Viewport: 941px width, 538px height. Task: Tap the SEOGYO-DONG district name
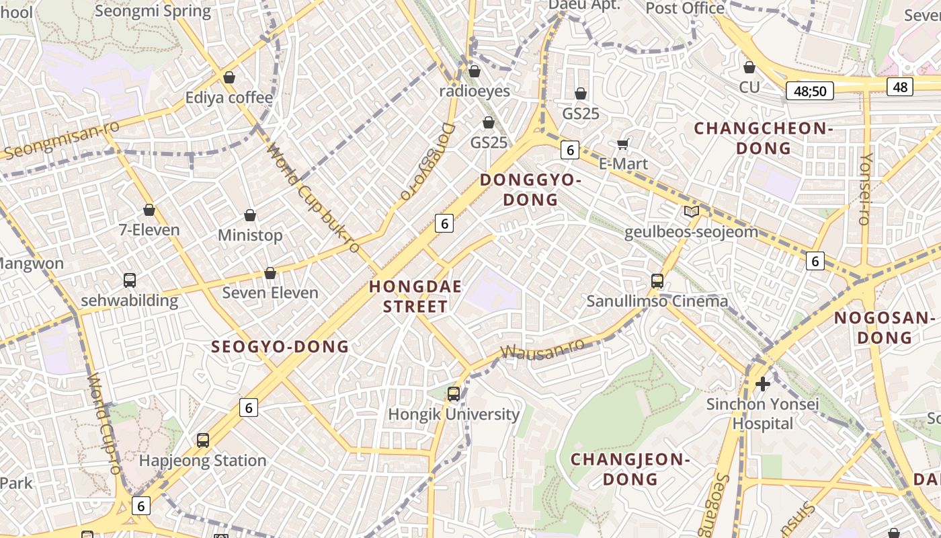tap(280, 347)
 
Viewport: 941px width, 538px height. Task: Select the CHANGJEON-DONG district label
tap(630, 469)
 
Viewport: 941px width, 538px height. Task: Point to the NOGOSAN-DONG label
tap(885, 328)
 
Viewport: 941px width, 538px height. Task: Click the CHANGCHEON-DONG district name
tap(763, 138)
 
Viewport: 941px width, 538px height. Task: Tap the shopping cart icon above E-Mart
tap(623, 144)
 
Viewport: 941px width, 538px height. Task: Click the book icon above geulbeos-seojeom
tap(691, 212)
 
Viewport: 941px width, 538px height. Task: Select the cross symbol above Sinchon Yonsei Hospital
tap(763, 384)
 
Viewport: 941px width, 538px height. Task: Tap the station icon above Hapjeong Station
tap(203, 440)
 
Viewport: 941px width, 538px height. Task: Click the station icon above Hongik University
tap(454, 394)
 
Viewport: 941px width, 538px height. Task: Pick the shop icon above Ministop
tap(250, 215)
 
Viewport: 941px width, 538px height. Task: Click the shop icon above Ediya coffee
tap(229, 77)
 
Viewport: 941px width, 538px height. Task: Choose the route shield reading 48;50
tap(810, 90)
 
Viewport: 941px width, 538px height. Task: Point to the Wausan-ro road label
tap(543, 350)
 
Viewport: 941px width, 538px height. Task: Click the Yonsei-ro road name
tap(866, 188)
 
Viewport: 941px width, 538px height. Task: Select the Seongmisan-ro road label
tap(62, 140)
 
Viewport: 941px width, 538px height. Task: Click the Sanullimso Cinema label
tap(657, 301)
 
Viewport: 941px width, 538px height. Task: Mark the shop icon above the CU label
tap(749, 67)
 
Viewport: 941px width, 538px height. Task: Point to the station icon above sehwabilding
tap(130, 280)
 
